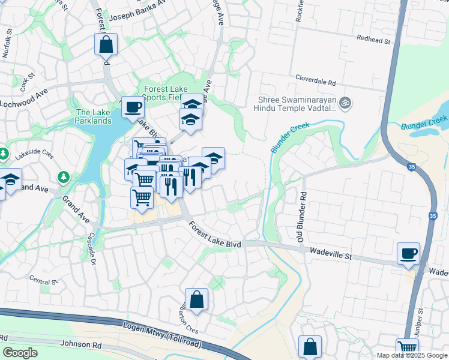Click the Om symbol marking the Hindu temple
point(345,103)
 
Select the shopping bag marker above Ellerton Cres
point(196,299)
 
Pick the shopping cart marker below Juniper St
point(408,348)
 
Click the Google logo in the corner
point(20,353)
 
